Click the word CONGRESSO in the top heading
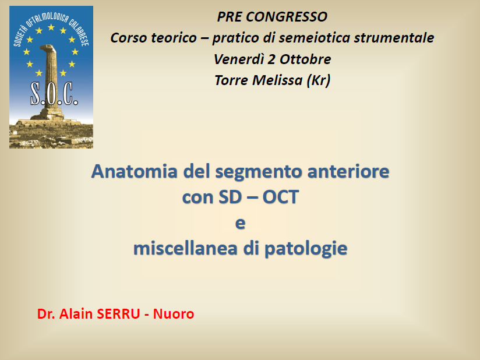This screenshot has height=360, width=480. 287,17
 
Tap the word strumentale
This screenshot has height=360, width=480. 394,38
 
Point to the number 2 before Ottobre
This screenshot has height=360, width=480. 271,59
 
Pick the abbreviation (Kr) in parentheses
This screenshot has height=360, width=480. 319,81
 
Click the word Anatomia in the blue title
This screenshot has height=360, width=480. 134,171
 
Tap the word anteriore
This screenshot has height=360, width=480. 348,171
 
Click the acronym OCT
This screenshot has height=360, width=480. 280,197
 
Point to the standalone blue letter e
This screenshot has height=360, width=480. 241,224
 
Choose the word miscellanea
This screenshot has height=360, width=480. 185,248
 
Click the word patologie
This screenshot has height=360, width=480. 306,249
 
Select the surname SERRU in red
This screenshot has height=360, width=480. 118,314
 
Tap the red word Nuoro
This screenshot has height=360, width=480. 174,314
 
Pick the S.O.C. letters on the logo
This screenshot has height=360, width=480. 54,94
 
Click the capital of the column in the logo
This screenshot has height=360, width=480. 48,49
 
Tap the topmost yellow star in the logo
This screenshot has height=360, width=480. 51,27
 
